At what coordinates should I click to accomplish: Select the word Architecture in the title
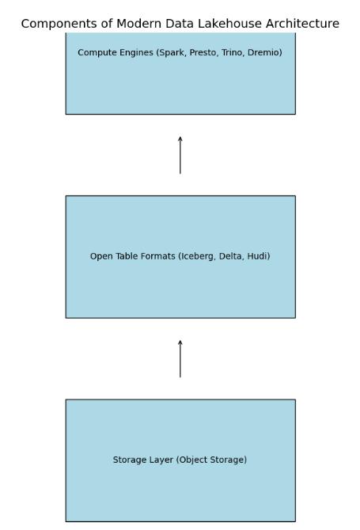click(302, 24)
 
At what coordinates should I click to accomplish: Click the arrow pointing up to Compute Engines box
click(180, 155)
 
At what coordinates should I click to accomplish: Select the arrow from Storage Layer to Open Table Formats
click(180, 358)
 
